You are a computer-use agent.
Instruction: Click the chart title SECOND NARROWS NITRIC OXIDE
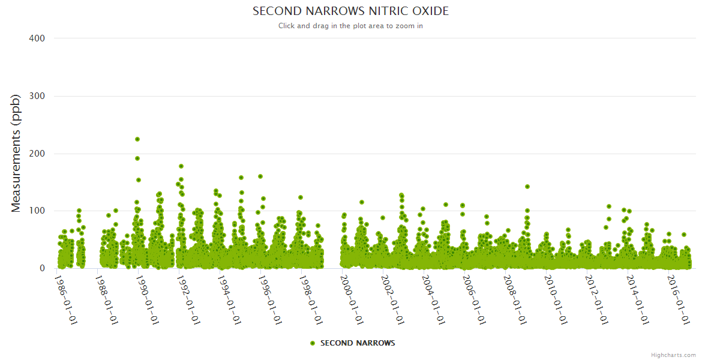[x=350, y=11]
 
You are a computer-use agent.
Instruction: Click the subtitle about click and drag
[x=350, y=26]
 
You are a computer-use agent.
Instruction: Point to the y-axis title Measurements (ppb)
[x=16, y=153]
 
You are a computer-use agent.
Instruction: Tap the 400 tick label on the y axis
[x=37, y=38]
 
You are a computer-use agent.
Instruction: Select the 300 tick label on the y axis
[x=37, y=96]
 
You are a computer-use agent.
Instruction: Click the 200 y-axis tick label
[x=37, y=154]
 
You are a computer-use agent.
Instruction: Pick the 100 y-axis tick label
[x=37, y=211]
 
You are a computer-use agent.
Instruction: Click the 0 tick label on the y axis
[x=42, y=268]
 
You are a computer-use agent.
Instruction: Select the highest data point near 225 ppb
[x=137, y=139]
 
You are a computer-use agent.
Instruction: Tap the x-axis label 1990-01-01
[x=149, y=299]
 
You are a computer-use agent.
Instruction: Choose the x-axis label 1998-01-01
[x=312, y=299]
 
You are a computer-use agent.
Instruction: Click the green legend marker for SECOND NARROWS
[x=312, y=343]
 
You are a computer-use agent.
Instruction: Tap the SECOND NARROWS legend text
[x=358, y=343]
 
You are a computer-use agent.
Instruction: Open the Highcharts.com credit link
[x=673, y=355]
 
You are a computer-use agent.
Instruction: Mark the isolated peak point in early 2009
[x=527, y=187]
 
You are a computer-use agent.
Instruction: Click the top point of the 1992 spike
[x=181, y=166]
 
